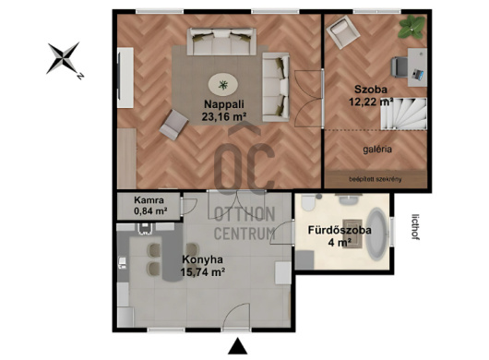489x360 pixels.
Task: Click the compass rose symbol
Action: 64,58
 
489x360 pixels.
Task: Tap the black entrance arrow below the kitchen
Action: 238,346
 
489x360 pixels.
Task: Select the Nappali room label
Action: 224,104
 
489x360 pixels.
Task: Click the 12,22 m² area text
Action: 371,102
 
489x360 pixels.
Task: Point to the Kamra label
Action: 149,200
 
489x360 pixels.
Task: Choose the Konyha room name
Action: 202,259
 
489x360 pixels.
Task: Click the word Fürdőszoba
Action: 340,231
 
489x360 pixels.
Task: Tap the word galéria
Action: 377,150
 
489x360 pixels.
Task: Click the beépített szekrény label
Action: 376,179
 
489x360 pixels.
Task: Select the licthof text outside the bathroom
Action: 415,226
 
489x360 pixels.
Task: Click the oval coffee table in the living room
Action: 223,85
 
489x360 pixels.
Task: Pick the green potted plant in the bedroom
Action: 411,27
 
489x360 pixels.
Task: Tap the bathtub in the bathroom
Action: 377,234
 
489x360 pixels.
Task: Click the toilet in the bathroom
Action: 309,202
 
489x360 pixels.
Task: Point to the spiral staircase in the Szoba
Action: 403,114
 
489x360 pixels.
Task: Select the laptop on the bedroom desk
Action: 418,74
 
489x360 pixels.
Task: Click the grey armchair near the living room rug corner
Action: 173,125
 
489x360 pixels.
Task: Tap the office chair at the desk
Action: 400,66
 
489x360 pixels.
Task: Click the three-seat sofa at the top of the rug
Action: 221,42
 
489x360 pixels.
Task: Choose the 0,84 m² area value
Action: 150,211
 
